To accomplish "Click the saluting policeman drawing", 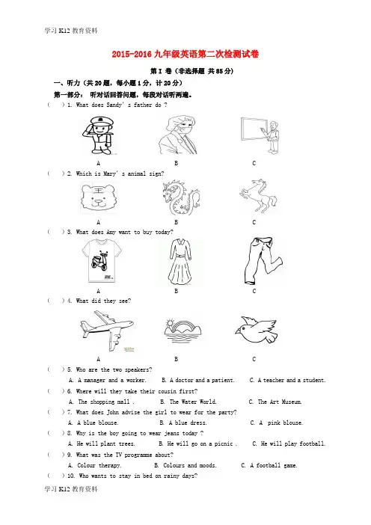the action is tap(98, 135).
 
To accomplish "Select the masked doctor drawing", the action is tap(178, 135).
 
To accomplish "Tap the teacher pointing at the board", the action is tap(260, 135).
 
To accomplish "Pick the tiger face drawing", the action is tap(99, 198).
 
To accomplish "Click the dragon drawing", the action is tap(180, 198).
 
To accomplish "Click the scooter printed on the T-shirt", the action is tap(99, 261).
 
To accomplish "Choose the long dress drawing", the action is tap(180, 262).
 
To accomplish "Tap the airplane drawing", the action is tap(107, 330).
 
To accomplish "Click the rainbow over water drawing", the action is tap(183, 331).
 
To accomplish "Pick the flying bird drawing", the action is tap(256, 330).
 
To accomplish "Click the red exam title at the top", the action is tap(185, 55).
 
